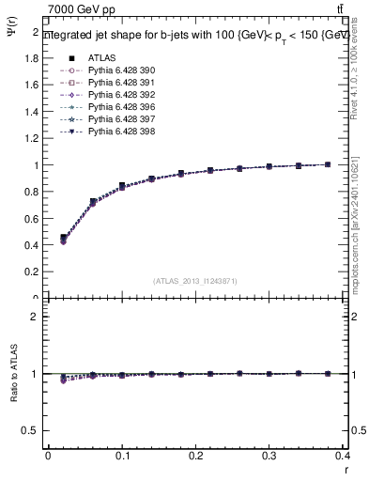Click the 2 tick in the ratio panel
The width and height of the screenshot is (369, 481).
pyautogui.click(x=36, y=317)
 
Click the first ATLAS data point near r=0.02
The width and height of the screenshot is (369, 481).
pyautogui.click(x=63, y=238)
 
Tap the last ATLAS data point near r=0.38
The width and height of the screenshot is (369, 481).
pyautogui.click(x=328, y=164)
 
